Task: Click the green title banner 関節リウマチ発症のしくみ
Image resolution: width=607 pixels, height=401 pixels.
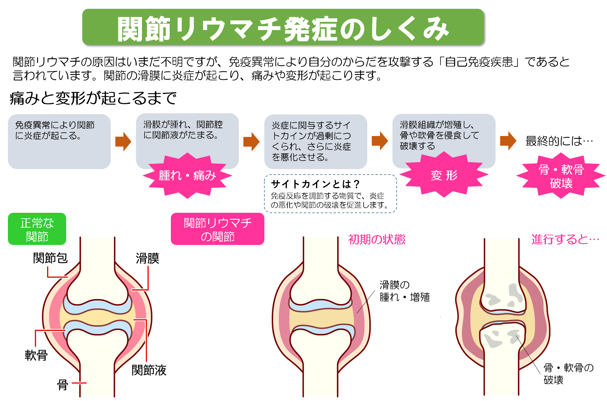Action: pos(283,27)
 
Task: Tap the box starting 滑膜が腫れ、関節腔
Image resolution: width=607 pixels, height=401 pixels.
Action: pos(187,134)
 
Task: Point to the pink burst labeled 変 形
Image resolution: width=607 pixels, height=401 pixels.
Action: pos(444,175)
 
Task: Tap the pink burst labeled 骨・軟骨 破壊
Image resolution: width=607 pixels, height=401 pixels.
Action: pos(561,176)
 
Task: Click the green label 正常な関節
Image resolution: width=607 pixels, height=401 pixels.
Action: pos(37,229)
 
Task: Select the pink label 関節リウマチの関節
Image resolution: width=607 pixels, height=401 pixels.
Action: pos(217,229)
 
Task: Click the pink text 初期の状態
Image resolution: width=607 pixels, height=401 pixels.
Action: pos(377,240)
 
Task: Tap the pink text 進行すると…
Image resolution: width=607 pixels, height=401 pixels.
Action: pos(565,240)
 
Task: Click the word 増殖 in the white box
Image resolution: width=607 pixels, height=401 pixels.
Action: pos(420,297)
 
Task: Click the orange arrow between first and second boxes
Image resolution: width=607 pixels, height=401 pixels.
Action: pos(123,141)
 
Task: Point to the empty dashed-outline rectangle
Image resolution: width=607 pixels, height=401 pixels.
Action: pos(330,194)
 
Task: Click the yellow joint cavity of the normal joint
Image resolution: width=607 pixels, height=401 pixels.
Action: pos(97,318)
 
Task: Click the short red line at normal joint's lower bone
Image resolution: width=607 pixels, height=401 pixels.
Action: pos(79,383)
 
